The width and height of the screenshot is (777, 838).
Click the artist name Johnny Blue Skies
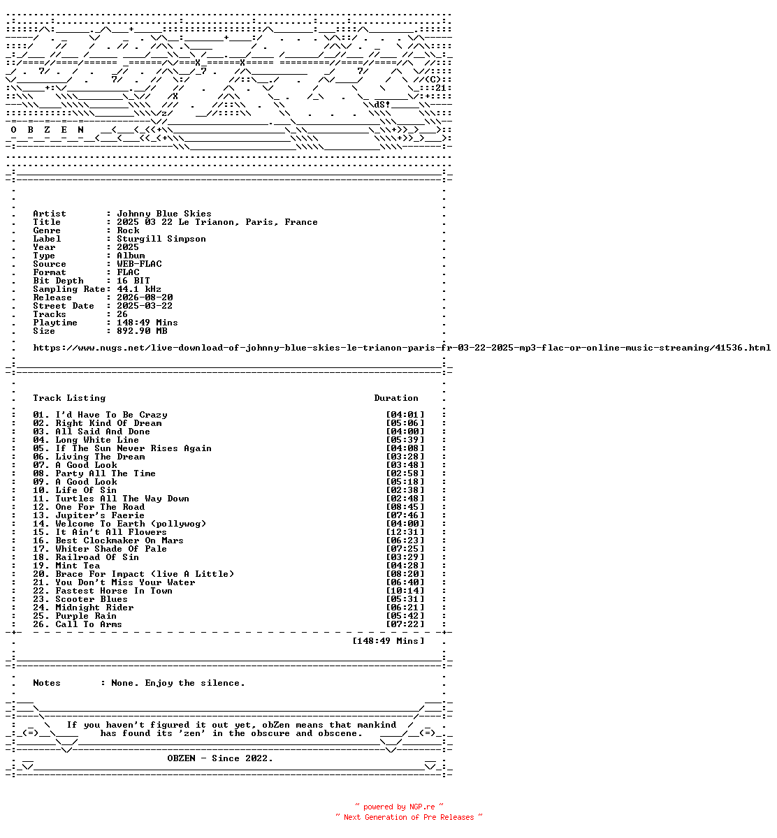click(x=164, y=214)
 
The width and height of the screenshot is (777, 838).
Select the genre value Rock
click(x=128, y=230)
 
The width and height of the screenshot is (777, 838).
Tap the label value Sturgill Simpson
click(x=161, y=239)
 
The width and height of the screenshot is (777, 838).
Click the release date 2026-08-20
click(x=145, y=297)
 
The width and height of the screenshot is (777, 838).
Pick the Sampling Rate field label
click(x=69, y=290)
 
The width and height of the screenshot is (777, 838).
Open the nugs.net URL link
click(x=402, y=348)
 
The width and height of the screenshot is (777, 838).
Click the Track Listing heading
click(x=69, y=398)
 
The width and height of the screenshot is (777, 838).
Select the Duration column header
click(x=396, y=398)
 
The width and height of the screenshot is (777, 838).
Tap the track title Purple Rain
click(x=86, y=616)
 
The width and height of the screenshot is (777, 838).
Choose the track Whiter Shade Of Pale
click(x=111, y=549)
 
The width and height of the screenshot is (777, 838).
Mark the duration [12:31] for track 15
click(x=405, y=532)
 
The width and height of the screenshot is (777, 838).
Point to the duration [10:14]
click(x=405, y=591)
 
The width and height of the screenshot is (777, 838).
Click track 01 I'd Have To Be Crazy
click(x=100, y=415)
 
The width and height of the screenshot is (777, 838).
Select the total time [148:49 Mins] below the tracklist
click(x=388, y=641)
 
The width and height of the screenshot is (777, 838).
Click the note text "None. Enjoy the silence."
click(x=177, y=683)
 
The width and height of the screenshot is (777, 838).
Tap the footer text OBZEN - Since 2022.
click(x=220, y=758)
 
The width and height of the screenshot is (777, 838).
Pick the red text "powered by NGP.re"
click(x=399, y=807)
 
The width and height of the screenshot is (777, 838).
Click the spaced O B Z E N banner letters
click(x=48, y=130)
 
